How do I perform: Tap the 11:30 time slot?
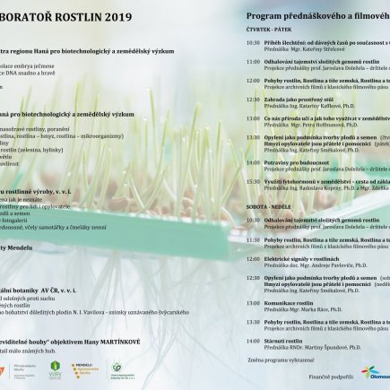click(x=254, y=239)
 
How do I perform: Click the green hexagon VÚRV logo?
click(x=56, y=368)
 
